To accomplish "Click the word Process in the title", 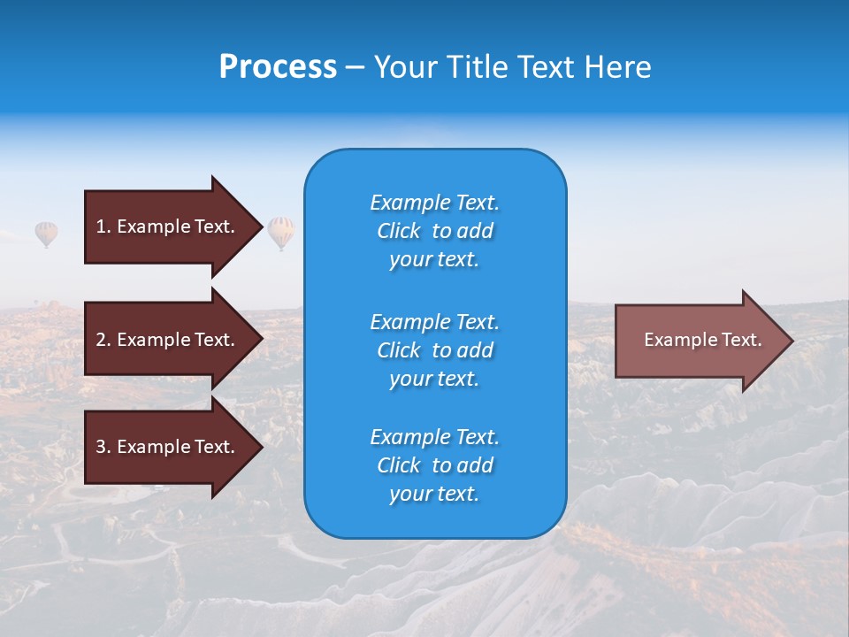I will tap(278, 67).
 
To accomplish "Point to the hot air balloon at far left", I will tap(46, 234).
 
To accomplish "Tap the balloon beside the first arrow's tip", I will tap(281, 232).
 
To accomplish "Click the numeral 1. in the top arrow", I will tap(103, 226).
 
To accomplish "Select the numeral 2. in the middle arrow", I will tap(103, 340).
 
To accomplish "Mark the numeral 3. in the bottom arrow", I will tap(103, 447).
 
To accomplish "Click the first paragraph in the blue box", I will tap(434, 231).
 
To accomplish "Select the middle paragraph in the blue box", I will tap(434, 350).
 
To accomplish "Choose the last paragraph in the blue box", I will tap(434, 465).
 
